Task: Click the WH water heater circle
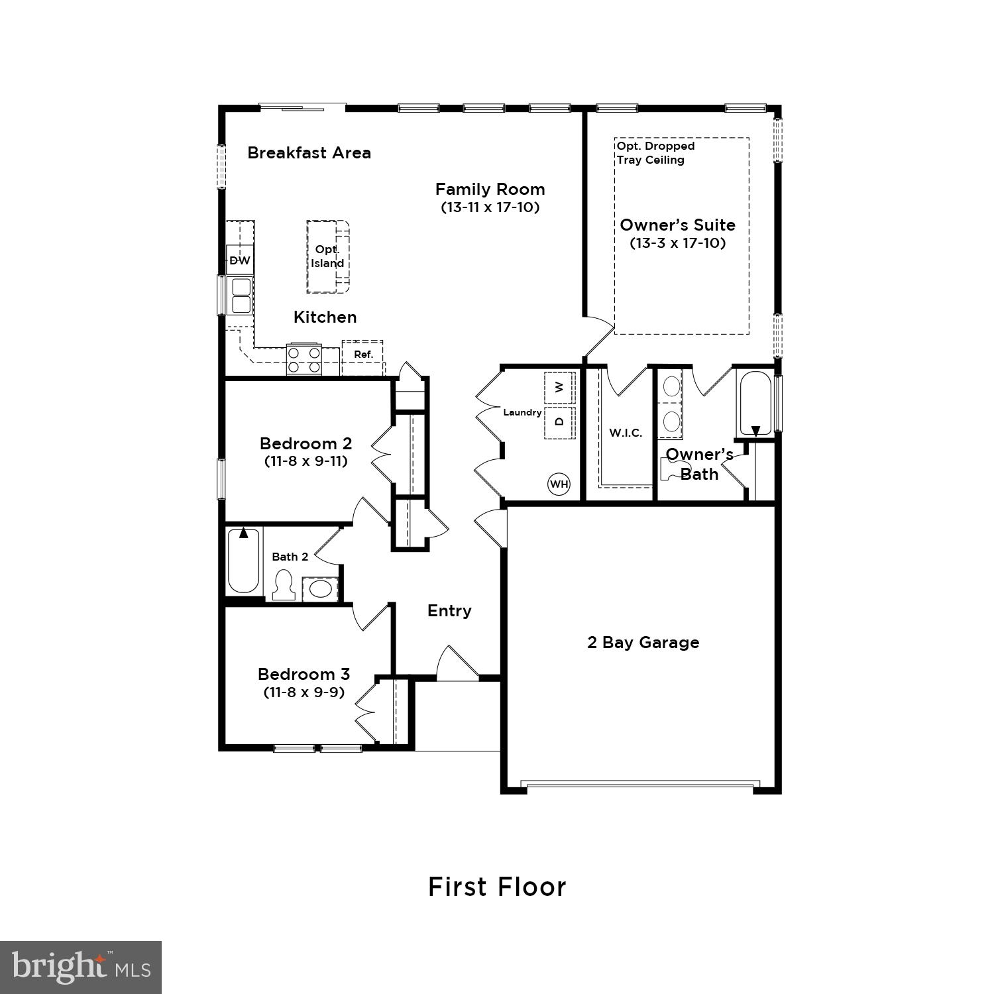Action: pyautogui.click(x=559, y=484)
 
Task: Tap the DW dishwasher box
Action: pyautogui.click(x=240, y=260)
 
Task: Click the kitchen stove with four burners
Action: pyautogui.click(x=304, y=360)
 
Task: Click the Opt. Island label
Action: pyautogui.click(x=327, y=256)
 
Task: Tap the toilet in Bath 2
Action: pyautogui.click(x=284, y=586)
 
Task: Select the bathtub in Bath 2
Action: pyautogui.click(x=243, y=561)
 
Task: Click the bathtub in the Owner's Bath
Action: pyautogui.click(x=755, y=404)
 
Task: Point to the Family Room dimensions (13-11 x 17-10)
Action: pyautogui.click(x=490, y=207)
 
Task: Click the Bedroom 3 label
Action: pyautogui.click(x=304, y=674)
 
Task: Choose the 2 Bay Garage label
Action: pyautogui.click(x=643, y=642)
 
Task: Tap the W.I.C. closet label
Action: pyautogui.click(x=626, y=433)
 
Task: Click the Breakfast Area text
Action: pyautogui.click(x=309, y=152)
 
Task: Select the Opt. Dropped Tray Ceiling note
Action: pyautogui.click(x=655, y=152)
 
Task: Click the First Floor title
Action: pyautogui.click(x=497, y=887)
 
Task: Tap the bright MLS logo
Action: pyautogui.click(x=81, y=967)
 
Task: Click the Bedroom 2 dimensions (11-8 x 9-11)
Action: pyautogui.click(x=305, y=461)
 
